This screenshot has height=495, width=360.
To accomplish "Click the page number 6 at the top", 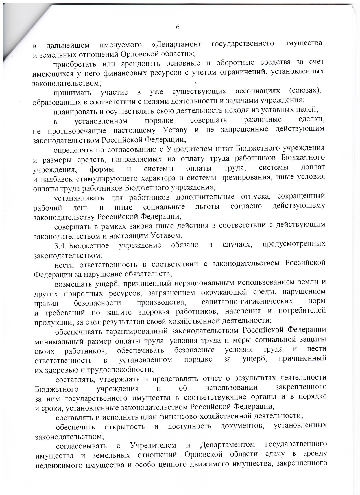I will coord(178,27).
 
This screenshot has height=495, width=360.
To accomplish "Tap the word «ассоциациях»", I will coord(258,91).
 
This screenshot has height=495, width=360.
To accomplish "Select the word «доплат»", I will coord(313,167).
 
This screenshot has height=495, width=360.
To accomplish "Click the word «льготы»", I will coord(207,207).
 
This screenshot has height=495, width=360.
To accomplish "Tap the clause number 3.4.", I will coord(60,245).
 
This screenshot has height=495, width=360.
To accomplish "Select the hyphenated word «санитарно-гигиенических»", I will coord(247,302).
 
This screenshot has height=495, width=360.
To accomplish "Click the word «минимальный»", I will coord(59,341).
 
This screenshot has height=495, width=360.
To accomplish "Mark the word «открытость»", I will coord(125,426).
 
